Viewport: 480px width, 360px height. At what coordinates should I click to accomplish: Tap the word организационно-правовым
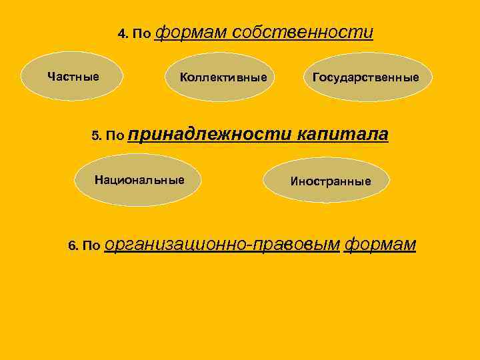tap(223, 245)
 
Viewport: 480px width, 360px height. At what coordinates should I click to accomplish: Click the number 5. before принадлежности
tap(96, 137)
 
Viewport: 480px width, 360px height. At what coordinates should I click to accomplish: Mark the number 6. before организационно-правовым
tap(73, 247)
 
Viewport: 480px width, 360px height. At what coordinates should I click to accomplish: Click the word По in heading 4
tap(142, 34)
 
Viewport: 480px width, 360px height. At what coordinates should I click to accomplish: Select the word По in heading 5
tap(115, 137)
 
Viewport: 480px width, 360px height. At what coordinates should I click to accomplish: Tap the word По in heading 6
tap(93, 247)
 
